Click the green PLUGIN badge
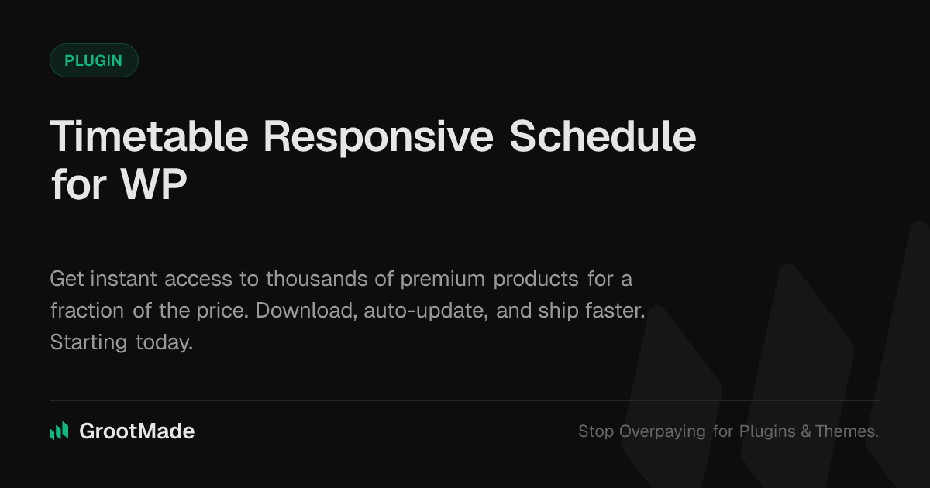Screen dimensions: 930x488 click(x=94, y=60)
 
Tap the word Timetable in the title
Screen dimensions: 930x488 click(x=149, y=136)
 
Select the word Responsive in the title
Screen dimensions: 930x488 click(x=379, y=138)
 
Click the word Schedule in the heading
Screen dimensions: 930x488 click(x=603, y=136)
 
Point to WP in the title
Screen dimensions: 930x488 click(x=153, y=184)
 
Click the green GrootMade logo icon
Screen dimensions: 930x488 click(x=59, y=431)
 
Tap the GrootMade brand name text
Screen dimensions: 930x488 click(x=137, y=431)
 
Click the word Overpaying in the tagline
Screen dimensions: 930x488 click(x=662, y=431)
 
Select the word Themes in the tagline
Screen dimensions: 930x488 click(x=847, y=431)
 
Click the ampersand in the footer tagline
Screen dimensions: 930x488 click(x=806, y=431)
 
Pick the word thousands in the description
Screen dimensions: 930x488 click(x=317, y=278)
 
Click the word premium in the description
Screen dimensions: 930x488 click(x=443, y=280)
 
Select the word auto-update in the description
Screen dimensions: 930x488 click(x=426, y=311)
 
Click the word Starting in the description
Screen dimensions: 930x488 click(x=88, y=342)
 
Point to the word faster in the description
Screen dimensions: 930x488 click(x=615, y=311)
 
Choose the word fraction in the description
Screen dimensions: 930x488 click(x=87, y=311)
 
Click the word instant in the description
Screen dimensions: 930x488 click(x=124, y=278)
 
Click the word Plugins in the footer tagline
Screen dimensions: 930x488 click(x=766, y=431)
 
